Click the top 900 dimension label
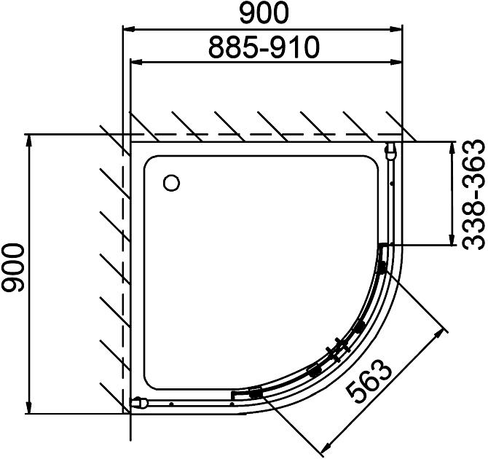coord(264,13)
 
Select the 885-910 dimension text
coord(264,47)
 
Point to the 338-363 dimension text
coord(473,195)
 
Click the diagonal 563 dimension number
coord(369,381)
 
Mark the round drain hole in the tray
coord(171,183)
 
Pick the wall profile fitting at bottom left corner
coord(139,403)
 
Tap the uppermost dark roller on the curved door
coord(382,267)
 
